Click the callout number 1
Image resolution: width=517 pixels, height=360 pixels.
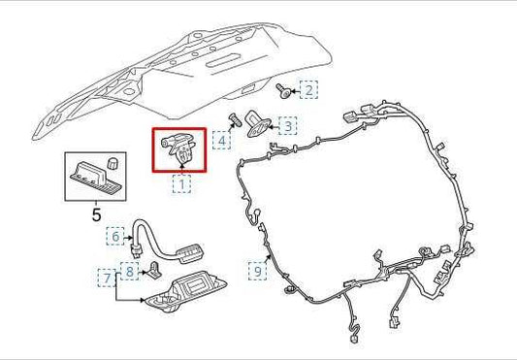click(x=180, y=182)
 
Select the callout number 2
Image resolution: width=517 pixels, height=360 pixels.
click(x=308, y=90)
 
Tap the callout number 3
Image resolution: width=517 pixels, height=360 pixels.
click(x=287, y=125)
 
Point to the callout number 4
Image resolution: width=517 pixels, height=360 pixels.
click(x=222, y=141)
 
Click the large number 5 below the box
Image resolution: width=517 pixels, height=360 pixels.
click(x=96, y=214)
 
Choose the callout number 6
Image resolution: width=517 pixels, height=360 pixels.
click(x=115, y=236)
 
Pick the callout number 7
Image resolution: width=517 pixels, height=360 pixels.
click(x=106, y=278)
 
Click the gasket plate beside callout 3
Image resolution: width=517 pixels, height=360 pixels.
click(x=258, y=124)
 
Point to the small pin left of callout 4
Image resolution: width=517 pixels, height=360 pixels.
click(x=235, y=120)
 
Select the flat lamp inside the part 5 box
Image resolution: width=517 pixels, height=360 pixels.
click(x=90, y=178)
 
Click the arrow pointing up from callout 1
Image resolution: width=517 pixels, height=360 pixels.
click(x=180, y=169)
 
